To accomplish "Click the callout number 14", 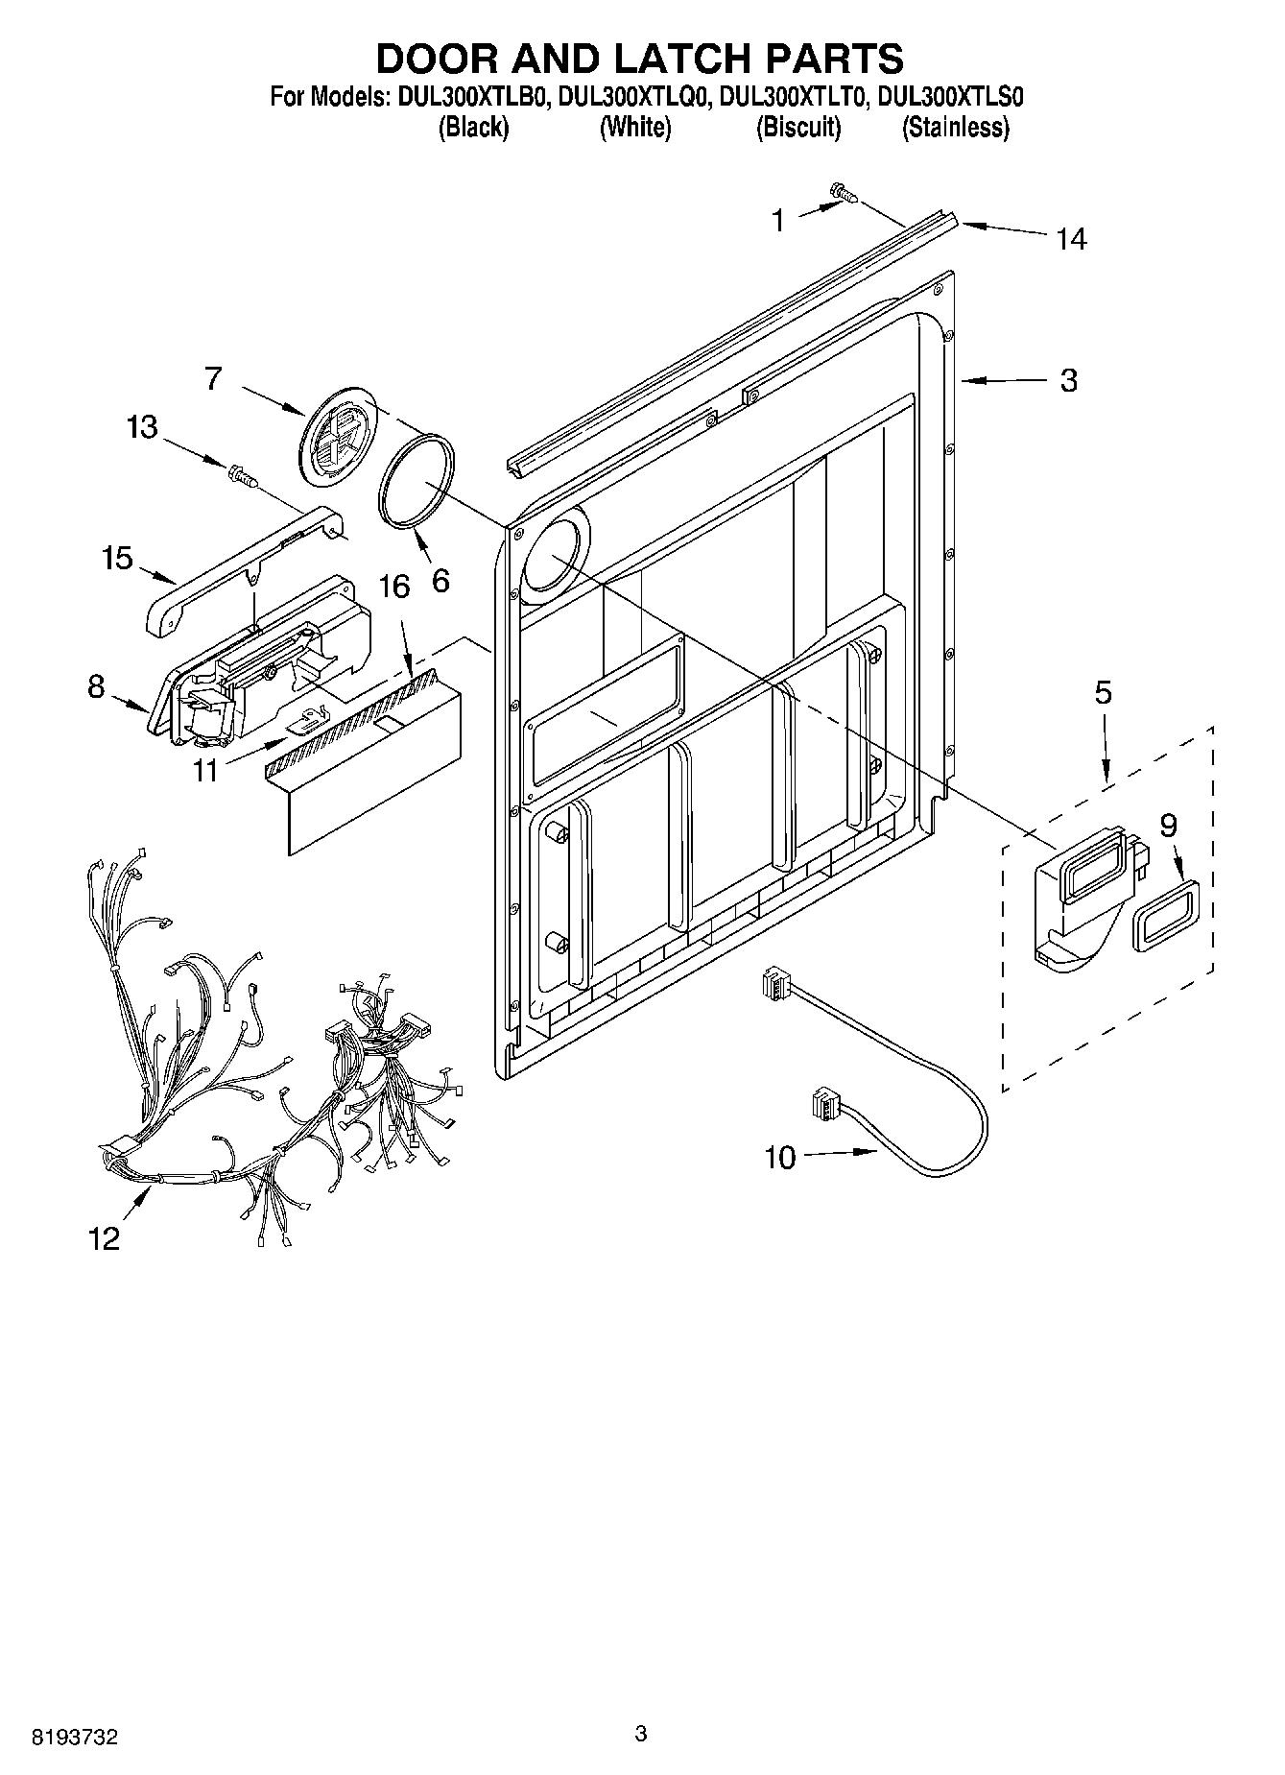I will click(1071, 239).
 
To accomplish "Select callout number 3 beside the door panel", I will click(1069, 381).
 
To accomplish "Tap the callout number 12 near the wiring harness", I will click(105, 1239).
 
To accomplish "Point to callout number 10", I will click(780, 1158).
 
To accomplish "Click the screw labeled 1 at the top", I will click(844, 194).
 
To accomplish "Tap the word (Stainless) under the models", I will click(955, 127).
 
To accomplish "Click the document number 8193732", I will click(75, 1736).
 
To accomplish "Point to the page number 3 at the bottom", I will click(641, 1733).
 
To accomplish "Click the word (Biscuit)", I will click(798, 127).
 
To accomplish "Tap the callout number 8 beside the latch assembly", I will click(95, 687).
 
